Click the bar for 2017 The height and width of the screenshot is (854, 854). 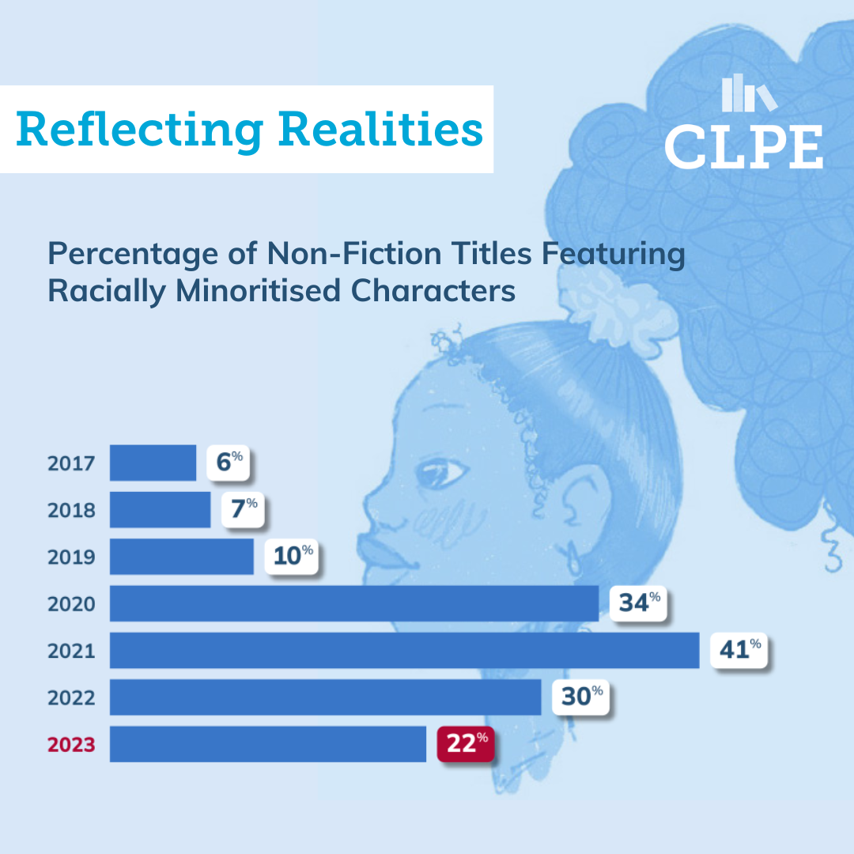coord(153,463)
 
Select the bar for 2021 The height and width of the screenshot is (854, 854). coord(404,650)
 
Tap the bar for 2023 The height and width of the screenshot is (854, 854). coord(267,744)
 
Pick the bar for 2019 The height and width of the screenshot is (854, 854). coord(181,557)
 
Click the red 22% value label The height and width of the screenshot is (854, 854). coord(466,744)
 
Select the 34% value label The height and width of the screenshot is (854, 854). coord(639,603)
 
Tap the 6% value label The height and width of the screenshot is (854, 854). coord(228,463)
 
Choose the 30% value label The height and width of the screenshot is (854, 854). coord(581,697)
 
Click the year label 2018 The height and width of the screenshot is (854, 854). coord(71,510)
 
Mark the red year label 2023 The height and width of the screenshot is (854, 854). coord(71,745)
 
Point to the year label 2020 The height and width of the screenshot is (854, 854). coord(71,604)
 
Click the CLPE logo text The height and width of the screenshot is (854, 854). coord(743,146)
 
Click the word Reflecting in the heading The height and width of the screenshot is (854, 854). coord(139,129)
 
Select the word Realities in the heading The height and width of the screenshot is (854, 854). coord(380,129)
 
